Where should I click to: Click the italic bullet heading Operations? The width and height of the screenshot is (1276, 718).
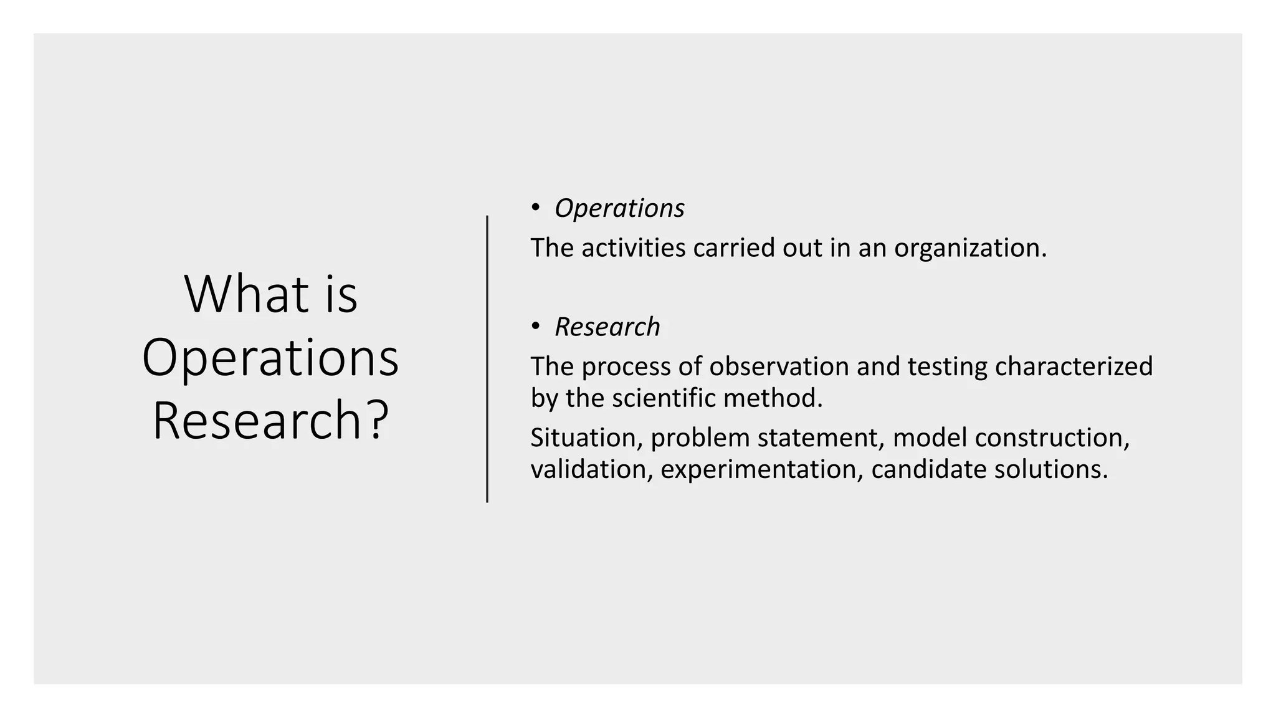point(619,208)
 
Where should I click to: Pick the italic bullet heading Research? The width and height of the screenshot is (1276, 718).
point(607,327)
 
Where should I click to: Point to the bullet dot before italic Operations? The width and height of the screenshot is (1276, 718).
point(536,208)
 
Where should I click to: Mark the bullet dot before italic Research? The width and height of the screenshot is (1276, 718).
point(536,326)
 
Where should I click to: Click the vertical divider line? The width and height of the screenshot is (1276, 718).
point(487,359)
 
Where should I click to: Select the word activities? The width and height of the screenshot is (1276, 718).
point(634,248)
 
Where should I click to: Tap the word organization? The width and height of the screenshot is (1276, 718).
point(970,248)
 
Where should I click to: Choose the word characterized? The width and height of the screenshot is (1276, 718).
point(1074,366)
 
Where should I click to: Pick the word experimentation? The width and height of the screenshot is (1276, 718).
point(762,469)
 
